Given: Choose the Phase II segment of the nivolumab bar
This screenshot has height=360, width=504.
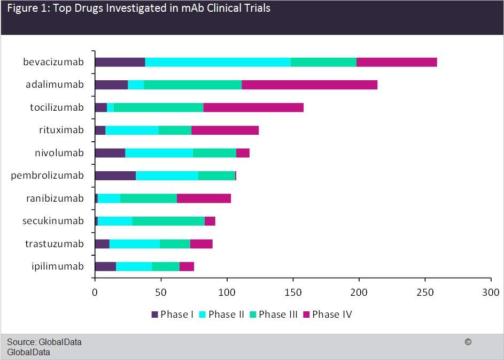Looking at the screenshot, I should click(159, 153).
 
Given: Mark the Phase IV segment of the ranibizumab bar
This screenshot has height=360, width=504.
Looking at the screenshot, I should click(204, 198).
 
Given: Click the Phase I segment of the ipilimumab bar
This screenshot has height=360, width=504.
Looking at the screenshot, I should click(105, 266).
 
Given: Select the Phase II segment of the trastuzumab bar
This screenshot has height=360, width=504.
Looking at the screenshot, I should click(135, 244).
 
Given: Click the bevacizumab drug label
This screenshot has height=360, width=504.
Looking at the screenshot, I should click(53, 62).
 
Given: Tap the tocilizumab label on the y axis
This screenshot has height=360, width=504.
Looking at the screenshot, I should click(57, 108).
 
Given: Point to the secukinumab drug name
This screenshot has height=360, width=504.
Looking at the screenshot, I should click(53, 221).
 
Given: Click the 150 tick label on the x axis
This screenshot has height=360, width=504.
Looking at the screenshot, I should click(293, 292).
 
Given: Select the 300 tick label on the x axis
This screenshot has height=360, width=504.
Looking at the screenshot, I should click(491, 292).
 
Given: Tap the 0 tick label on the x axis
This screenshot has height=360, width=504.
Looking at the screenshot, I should click(95, 292).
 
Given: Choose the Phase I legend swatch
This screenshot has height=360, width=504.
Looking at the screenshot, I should click(155, 314).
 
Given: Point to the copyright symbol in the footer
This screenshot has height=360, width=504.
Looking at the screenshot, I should click(468, 342).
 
